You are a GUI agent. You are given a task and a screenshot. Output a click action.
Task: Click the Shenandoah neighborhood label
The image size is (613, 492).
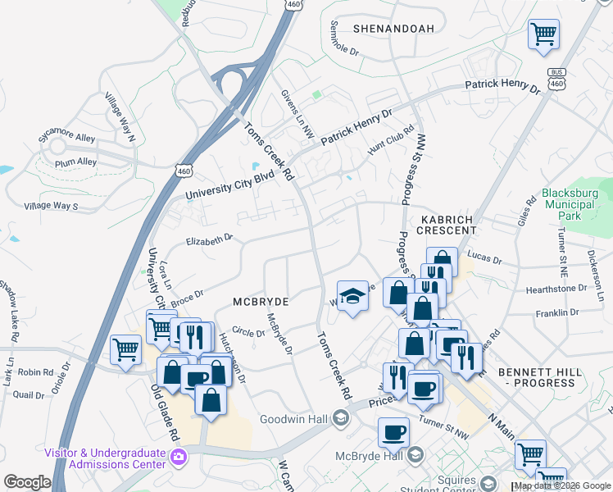click(393, 29)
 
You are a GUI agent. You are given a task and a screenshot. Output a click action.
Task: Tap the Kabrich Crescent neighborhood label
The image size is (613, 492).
click(448, 225)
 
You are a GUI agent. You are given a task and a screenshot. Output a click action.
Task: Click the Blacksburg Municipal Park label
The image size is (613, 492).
click(569, 205)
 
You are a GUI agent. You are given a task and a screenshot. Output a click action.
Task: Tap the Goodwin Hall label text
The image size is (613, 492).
click(293, 419)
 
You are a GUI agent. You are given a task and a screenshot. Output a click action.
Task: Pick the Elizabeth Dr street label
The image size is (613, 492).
click(210, 240)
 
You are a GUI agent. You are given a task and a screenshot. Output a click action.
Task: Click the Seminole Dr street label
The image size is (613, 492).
click(345, 39)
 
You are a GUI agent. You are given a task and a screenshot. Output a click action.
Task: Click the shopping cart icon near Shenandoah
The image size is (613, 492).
click(543, 34)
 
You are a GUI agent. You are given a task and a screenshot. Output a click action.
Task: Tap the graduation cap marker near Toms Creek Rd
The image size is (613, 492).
click(352, 295)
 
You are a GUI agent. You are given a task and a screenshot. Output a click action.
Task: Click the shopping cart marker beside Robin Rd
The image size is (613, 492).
click(125, 350)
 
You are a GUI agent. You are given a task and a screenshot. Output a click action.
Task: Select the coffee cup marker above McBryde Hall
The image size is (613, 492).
click(393, 431)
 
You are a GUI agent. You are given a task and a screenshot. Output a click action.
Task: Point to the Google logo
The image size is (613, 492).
click(27, 482)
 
